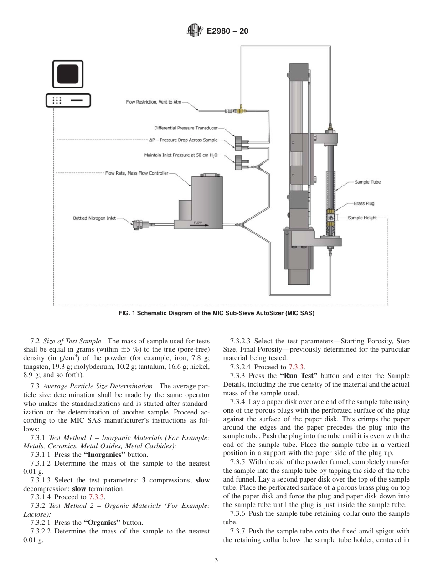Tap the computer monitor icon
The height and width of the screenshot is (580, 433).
coord(67,74)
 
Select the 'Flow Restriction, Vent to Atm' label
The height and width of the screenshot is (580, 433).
coord(153,102)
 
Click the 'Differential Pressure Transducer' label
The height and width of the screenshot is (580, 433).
coord(186,128)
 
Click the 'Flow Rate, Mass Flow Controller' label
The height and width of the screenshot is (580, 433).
coord(136,173)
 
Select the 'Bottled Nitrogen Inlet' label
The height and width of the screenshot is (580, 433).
coord(94,218)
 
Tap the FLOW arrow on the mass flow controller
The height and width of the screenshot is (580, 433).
coord(198,223)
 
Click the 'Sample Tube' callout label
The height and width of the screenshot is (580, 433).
coord(367,182)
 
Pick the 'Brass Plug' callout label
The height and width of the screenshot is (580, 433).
coord(364,203)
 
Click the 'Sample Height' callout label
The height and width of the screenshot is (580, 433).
coord(362,217)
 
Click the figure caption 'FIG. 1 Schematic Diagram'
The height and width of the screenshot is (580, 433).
coord(216,313)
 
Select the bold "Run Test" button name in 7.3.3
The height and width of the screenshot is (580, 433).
coord(298,376)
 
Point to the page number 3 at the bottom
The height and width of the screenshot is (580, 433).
coord(216,560)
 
